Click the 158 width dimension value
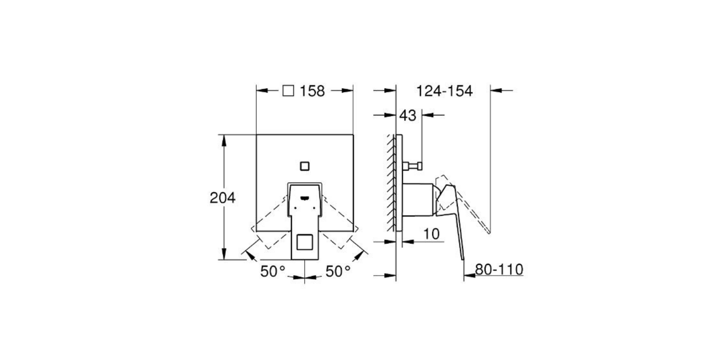pyautogui.click(x=312, y=91)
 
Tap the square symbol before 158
pyautogui.click(x=288, y=91)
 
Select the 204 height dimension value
pyautogui.click(x=222, y=198)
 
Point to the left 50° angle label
pyautogui.click(x=273, y=271)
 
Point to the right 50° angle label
pyautogui.click(x=338, y=271)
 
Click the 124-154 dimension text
pyautogui.click(x=444, y=91)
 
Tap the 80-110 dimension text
pyautogui.click(x=499, y=270)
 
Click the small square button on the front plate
pyautogui.click(x=305, y=165)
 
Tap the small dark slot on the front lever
pyautogui.click(x=305, y=199)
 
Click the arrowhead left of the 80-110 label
pyautogui.click(x=467, y=276)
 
